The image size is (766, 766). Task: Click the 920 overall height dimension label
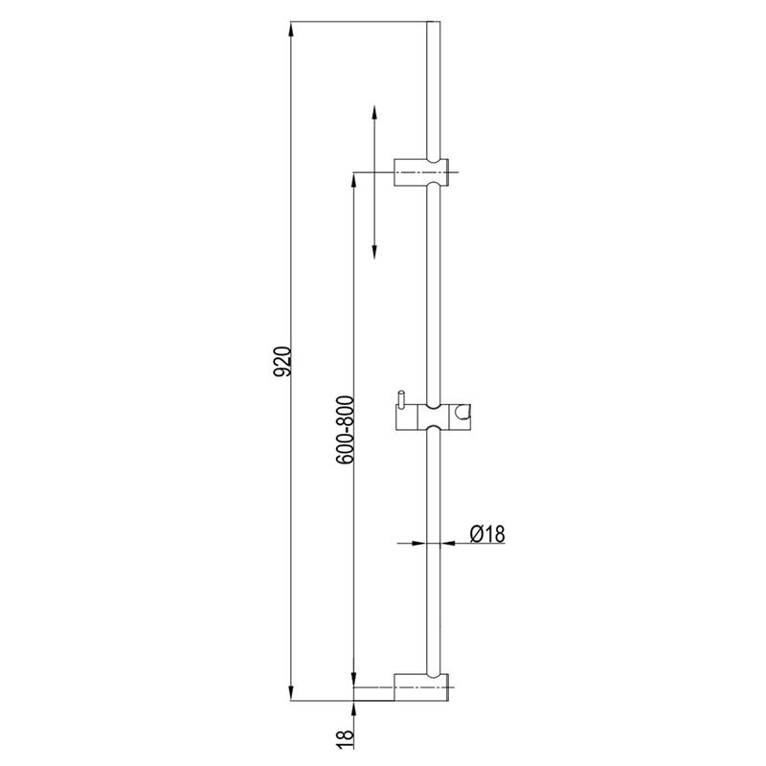tap(282, 362)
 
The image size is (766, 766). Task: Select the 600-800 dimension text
tap(345, 430)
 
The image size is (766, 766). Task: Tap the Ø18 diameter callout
tap(487, 533)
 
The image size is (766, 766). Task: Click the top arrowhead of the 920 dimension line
tap(291, 29)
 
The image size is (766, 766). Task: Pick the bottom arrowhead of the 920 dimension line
tap(291, 693)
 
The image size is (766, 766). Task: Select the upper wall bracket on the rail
tap(421, 172)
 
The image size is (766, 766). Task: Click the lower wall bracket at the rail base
tap(421, 687)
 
